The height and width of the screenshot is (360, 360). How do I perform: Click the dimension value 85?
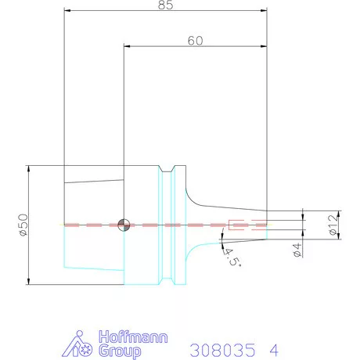pyautogui.click(x=165, y=5)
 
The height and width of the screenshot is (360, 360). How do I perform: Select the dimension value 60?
pyautogui.click(x=195, y=41)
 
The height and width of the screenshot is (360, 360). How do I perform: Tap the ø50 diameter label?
pyautogui.click(x=23, y=225)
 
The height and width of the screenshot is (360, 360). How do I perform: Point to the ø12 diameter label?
pyautogui.click(x=333, y=225)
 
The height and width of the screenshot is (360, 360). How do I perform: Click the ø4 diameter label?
pyautogui.click(x=297, y=250)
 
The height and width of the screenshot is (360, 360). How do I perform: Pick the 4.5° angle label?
pyautogui.click(x=232, y=257)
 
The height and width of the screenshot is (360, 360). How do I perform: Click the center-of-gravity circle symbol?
pyautogui.click(x=124, y=225)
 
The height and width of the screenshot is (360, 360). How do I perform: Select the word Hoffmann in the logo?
pyautogui.click(x=133, y=337)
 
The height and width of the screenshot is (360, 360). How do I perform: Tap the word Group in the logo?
pyautogui.click(x=120, y=351)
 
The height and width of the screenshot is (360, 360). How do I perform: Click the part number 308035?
pyautogui.click(x=222, y=350)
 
